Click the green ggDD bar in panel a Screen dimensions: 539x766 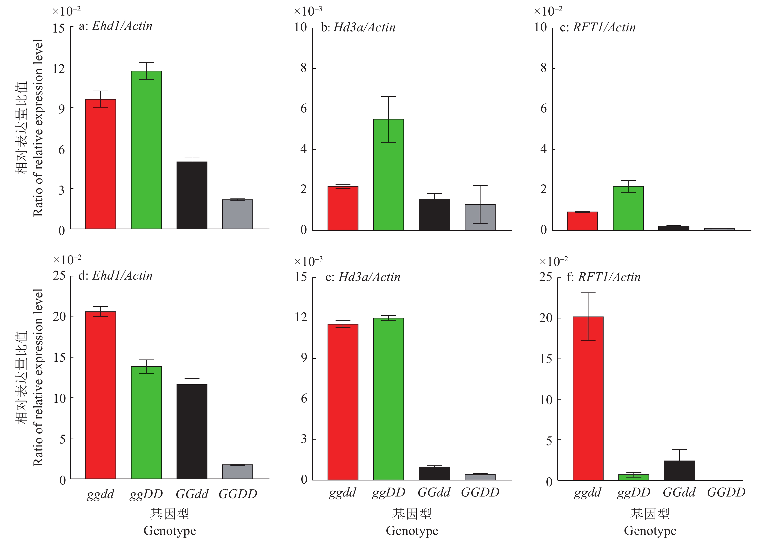tap(146, 150)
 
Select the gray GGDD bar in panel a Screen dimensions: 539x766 tap(238, 214)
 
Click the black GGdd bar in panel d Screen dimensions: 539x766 tap(192, 431)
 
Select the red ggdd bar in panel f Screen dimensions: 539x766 tap(588, 398)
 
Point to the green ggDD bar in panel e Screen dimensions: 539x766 tap(388, 399)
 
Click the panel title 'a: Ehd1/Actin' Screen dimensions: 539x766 tap(116, 26)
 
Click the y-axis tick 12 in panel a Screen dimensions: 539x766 tap(59, 68)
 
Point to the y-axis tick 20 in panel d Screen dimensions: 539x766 tap(59, 316)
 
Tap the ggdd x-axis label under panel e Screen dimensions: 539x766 tap(342, 492)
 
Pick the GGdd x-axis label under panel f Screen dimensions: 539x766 tap(679, 492)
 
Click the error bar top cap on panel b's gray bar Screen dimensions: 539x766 tap(480, 186)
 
